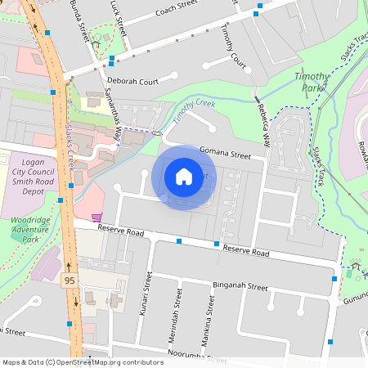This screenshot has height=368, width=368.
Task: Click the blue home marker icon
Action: (184, 177)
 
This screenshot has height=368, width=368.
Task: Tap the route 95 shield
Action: (69, 280)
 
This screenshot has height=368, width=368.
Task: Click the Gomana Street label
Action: (226, 154)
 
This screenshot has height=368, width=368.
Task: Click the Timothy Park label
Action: (312, 81)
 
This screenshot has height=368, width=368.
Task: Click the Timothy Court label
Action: (233, 47)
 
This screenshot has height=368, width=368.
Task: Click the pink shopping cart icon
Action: (97, 218)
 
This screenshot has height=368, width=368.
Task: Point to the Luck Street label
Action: (119, 19)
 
